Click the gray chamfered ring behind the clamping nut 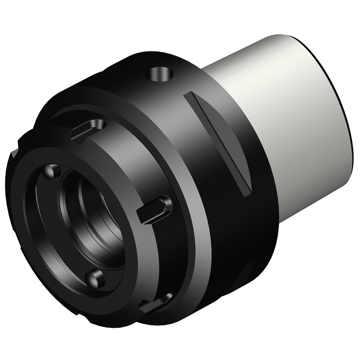[190, 202]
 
